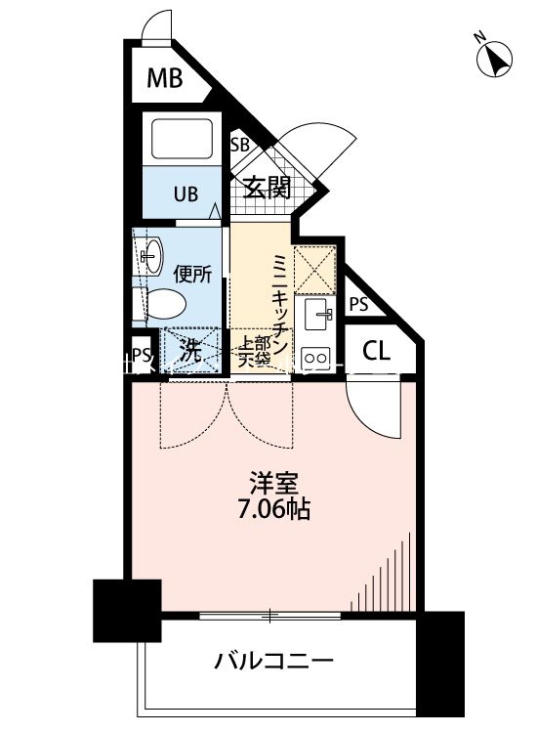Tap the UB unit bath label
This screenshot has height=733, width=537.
185,193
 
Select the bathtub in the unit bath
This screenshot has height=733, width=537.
184,140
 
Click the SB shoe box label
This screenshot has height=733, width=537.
239,145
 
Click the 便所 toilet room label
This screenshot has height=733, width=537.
192,275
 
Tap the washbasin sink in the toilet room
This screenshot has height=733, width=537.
150,257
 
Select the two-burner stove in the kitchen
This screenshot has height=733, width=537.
316,355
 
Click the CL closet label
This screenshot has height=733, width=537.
377,352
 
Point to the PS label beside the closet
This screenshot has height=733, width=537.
358,304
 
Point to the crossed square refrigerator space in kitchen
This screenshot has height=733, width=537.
315,266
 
